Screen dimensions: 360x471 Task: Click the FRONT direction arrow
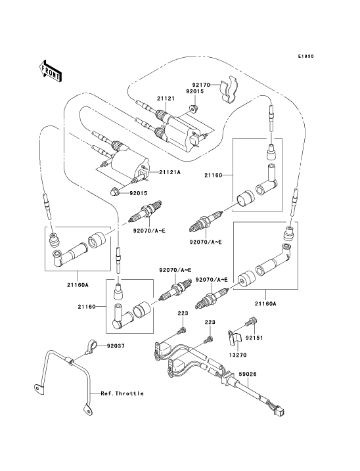[50, 71]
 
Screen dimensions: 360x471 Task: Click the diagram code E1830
[306, 56]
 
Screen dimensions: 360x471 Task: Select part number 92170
[201, 85]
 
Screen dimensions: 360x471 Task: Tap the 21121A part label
[169, 172]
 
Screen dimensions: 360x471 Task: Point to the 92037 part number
[116, 346]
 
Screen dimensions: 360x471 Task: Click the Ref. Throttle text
[122, 393]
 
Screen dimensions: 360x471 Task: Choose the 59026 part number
[248, 374]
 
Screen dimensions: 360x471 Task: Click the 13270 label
[237, 355]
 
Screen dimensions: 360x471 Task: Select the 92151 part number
[254, 338]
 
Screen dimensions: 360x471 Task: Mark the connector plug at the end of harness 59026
[281, 412]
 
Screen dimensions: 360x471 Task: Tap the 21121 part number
[166, 99]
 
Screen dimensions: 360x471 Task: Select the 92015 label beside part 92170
[194, 91]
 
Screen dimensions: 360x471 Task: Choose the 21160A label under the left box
[78, 284]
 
